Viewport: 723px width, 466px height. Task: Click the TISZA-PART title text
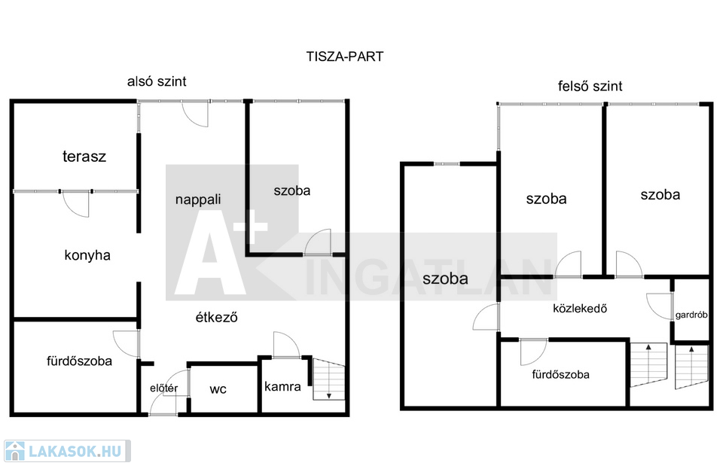pos(345,56)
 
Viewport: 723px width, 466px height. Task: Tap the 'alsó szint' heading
pos(157,81)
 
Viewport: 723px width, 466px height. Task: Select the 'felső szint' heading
pos(590,86)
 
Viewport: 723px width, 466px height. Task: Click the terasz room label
pos(84,157)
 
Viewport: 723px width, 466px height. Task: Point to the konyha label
pos(87,255)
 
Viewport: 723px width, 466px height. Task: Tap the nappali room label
pos(198,199)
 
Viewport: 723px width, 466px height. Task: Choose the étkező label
pos(216,317)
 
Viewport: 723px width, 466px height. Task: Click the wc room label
pos(218,389)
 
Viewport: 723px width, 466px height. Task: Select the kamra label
pos(282,386)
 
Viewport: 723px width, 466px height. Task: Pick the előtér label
pos(163,388)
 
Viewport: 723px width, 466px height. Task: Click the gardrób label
pos(691,315)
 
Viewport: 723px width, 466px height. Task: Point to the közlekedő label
pos(580,308)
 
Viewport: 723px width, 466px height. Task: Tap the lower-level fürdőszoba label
pos(79,361)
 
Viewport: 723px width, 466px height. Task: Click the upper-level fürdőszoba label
pos(560,374)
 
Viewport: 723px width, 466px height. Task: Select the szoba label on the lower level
pos(292,190)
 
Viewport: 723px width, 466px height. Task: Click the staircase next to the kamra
pos(329,379)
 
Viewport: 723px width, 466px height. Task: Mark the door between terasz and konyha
pos(75,203)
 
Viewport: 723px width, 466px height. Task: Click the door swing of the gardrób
pos(659,306)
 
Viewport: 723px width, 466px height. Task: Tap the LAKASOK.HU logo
pos(67,451)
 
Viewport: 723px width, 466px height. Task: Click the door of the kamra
pos(286,345)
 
